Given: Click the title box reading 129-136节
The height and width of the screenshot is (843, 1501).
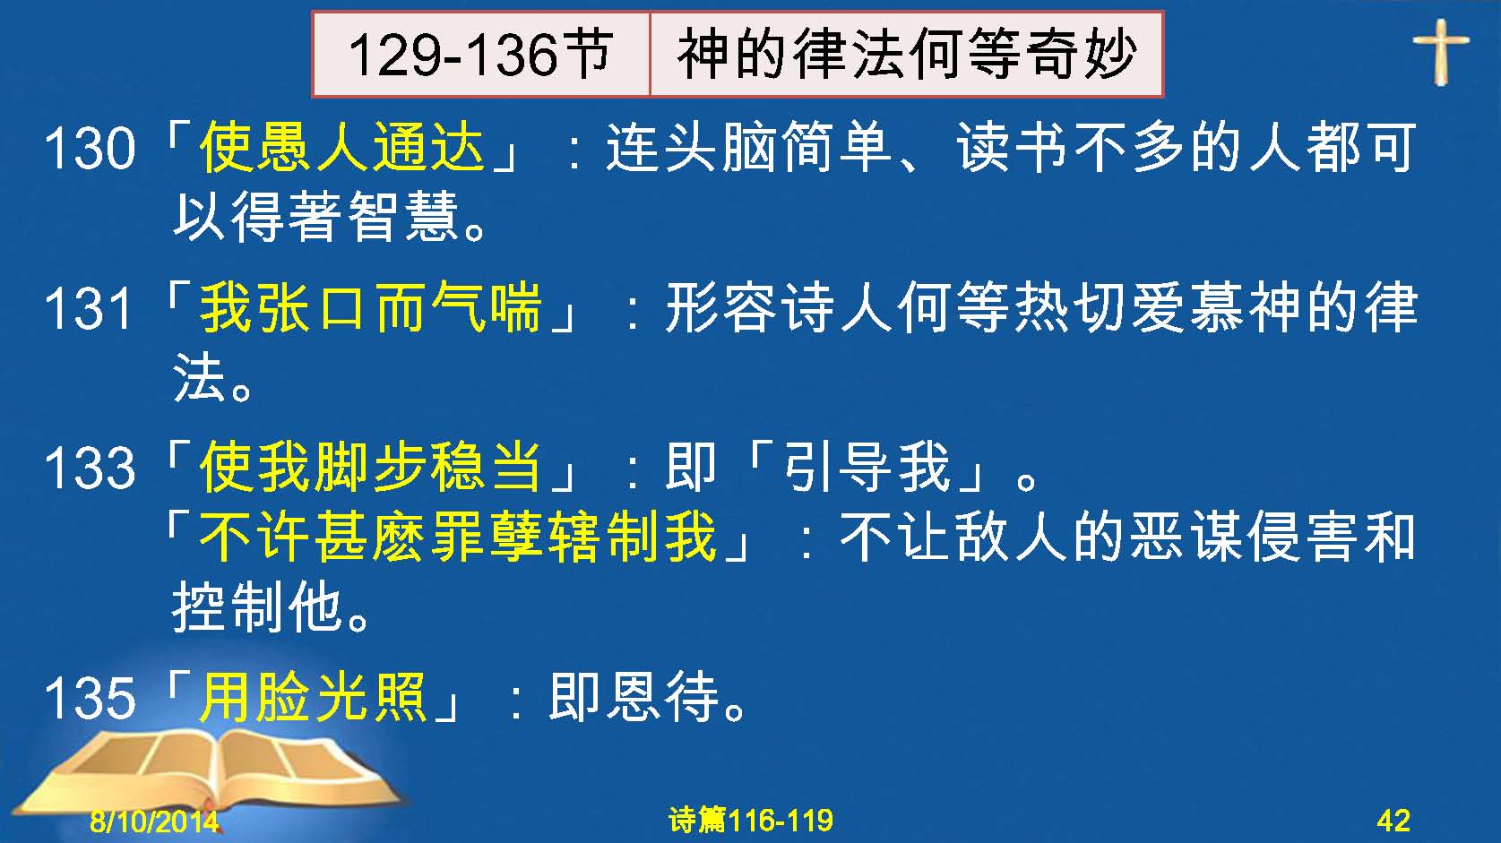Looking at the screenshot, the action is point(481,55).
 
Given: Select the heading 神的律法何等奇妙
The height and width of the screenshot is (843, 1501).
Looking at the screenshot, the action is point(906,55).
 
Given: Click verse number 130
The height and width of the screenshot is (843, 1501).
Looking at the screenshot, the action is point(90,149).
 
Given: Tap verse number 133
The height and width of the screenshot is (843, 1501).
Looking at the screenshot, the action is point(90,468).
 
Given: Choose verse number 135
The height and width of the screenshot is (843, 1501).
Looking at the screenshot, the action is point(90,698).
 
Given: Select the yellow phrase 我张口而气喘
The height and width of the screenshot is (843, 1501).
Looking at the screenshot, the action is point(371,307).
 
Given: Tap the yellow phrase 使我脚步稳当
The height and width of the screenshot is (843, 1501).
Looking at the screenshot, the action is point(371,467).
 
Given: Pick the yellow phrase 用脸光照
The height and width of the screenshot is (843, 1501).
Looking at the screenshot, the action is point(314,697).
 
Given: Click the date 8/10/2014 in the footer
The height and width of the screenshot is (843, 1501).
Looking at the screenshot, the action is point(154,821).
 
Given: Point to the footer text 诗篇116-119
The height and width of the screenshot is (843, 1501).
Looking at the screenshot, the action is point(751,821).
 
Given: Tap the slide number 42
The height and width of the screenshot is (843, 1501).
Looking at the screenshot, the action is point(1393,821).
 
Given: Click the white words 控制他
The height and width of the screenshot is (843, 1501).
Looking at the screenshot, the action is point(259,607).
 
